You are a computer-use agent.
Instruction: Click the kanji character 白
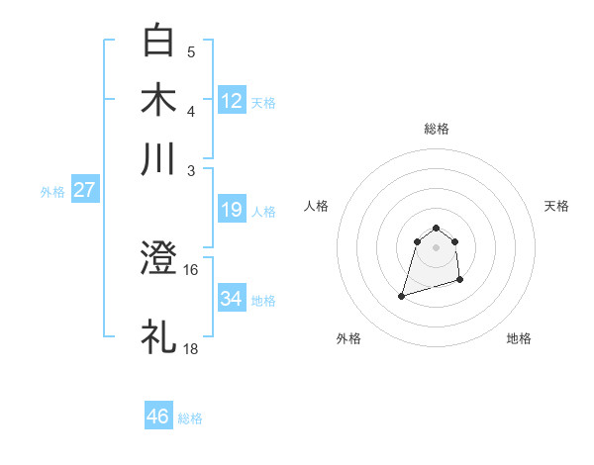pos(158,41)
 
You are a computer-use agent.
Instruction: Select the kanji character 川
pos(158,159)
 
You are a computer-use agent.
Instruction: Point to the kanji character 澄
pos(158,259)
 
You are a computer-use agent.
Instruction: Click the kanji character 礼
pos(158,335)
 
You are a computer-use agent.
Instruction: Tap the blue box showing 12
pos(232,101)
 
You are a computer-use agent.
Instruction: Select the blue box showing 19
pos(232,210)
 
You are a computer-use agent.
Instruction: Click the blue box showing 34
pos(232,299)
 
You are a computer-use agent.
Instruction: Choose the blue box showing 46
pos(158,417)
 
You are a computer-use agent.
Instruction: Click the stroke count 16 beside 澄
pos(191,269)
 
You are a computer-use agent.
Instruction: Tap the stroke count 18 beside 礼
pos(191,348)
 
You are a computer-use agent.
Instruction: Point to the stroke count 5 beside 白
pos(191,51)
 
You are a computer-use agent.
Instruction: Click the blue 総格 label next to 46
pos(190,418)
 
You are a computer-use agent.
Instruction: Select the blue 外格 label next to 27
pos(52,192)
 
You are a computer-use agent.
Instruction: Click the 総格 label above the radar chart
pos(436,129)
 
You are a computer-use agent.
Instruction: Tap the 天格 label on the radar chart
pos(556,206)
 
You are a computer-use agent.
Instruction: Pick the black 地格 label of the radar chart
pos(519,338)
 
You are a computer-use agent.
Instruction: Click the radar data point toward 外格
pos(402,295)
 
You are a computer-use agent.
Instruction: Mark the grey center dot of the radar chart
pos(436,247)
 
